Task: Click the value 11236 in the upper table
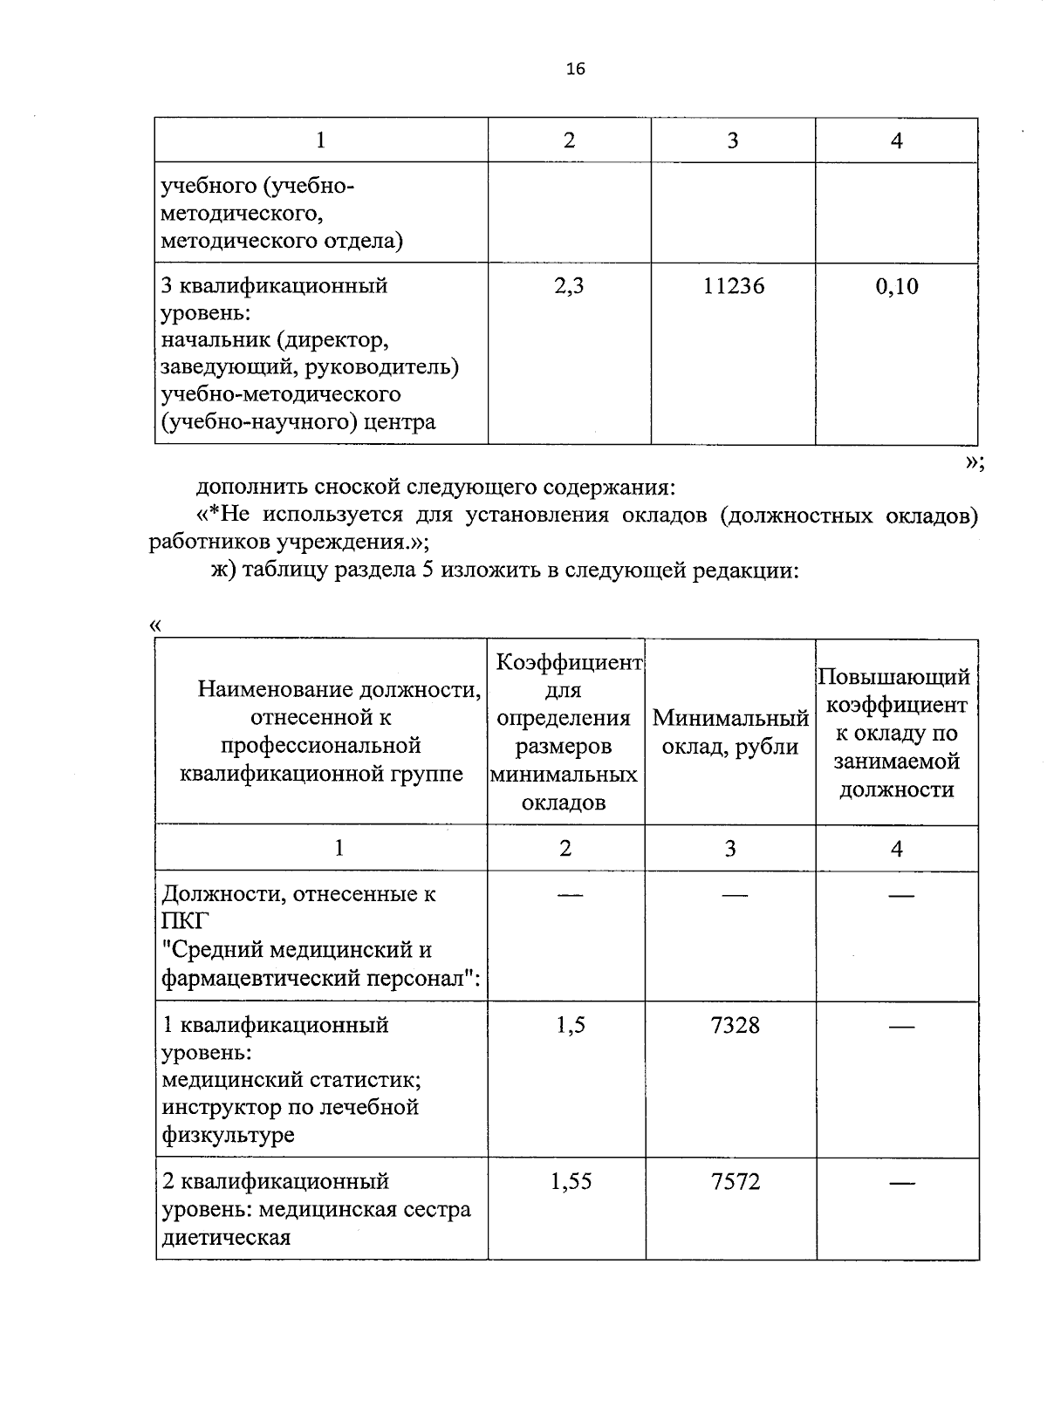(734, 286)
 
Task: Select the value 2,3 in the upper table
(569, 286)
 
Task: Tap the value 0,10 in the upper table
(897, 286)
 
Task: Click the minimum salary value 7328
(735, 1025)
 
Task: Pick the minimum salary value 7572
(735, 1182)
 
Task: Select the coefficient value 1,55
(571, 1182)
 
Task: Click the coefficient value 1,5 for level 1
(570, 1025)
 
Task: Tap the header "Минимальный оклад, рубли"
(730, 733)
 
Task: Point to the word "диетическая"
(226, 1237)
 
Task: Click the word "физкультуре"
(228, 1135)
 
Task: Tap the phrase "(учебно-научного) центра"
(298, 423)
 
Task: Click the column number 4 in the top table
(896, 140)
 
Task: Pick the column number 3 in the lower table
(730, 848)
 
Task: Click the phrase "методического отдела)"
(282, 241)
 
